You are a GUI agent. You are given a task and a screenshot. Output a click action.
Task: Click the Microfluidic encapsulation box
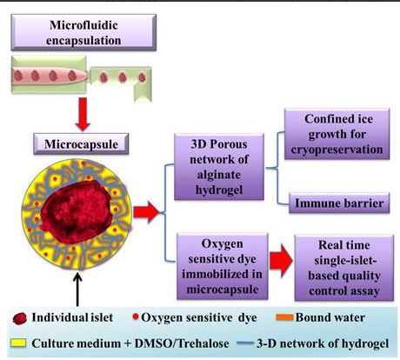tap(83, 32)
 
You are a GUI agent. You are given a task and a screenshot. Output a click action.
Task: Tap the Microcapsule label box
tap(81, 143)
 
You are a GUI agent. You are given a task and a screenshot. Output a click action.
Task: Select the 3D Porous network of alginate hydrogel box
tap(219, 167)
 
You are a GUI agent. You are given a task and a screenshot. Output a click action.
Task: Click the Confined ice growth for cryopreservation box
tap(337, 134)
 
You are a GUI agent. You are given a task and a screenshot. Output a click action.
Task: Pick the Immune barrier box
tap(339, 203)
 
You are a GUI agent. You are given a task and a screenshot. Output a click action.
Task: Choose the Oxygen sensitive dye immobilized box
tap(223, 266)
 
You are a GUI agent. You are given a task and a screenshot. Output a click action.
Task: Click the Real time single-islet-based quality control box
tap(344, 268)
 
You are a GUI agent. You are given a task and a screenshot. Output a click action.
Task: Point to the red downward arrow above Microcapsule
tap(83, 114)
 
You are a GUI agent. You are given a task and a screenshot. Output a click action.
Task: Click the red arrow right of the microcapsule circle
tap(146, 212)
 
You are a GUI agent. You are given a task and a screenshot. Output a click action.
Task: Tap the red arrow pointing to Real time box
tap(281, 260)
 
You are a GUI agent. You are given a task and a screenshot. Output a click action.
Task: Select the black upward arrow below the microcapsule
tap(77, 289)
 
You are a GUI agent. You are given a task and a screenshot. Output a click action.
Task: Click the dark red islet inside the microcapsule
tap(77, 211)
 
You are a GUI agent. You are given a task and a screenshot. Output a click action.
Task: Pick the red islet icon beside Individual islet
tap(20, 318)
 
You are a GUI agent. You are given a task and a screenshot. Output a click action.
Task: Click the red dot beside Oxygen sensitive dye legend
tap(136, 317)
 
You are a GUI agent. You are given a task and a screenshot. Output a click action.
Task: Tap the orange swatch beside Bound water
tap(284, 317)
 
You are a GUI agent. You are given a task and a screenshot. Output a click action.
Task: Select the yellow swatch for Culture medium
tap(18, 343)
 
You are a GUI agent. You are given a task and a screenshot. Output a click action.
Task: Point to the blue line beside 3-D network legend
tap(245, 343)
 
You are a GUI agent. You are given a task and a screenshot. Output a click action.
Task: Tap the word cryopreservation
tap(337, 150)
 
